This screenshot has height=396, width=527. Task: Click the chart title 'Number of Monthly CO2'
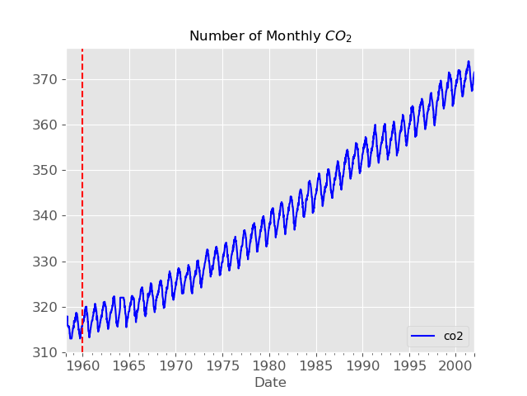pyautogui.click(x=270, y=36)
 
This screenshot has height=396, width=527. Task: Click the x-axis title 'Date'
pyautogui.click(x=270, y=383)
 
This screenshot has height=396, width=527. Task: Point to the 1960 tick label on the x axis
pyautogui.click(x=82, y=365)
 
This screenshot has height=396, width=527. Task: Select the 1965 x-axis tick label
pyautogui.click(x=128, y=365)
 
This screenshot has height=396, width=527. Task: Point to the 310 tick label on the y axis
pyautogui.click(x=47, y=352)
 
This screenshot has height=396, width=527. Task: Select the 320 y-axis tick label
pyautogui.click(x=47, y=307)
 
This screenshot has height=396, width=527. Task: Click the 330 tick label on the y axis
pyautogui.click(x=47, y=262)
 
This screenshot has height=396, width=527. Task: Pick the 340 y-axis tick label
pyautogui.click(x=47, y=216)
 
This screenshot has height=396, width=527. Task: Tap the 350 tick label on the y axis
pyautogui.click(x=47, y=171)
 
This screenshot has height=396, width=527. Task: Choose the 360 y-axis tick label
pyautogui.click(x=47, y=125)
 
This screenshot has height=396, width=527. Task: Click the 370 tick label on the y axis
pyautogui.click(x=47, y=80)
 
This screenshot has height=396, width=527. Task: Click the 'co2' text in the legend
pyautogui.click(x=454, y=337)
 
